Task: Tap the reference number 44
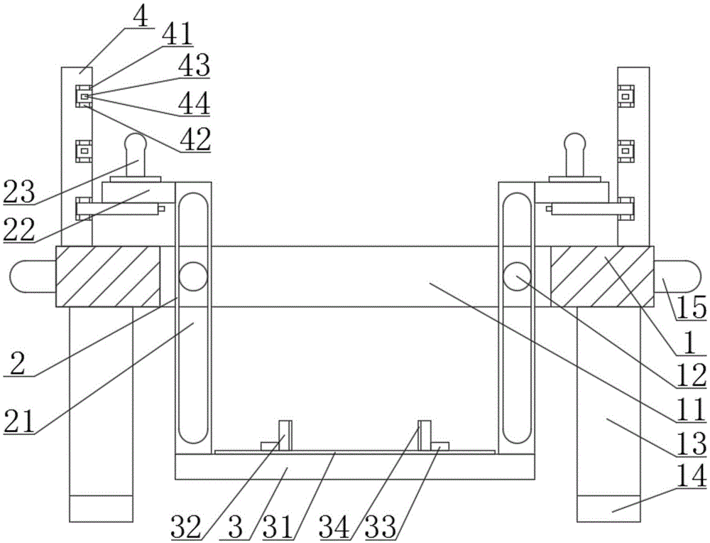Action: click(x=194, y=103)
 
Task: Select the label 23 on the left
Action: click(x=18, y=192)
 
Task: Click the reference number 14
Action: click(x=692, y=477)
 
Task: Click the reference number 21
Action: click(x=18, y=421)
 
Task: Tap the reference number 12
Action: click(x=692, y=376)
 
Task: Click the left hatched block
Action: click(x=108, y=276)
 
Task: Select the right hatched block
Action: click(x=602, y=276)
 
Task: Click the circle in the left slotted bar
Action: click(x=193, y=276)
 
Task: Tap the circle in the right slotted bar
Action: click(x=517, y=276)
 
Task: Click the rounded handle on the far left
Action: click(x=32, y=276)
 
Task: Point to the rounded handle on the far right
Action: click(x=678, y=276)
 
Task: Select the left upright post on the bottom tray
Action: click(x=285, y=436)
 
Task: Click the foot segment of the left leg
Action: click(x=101, y=509)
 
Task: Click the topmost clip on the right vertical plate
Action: click(x=626, y=96)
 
